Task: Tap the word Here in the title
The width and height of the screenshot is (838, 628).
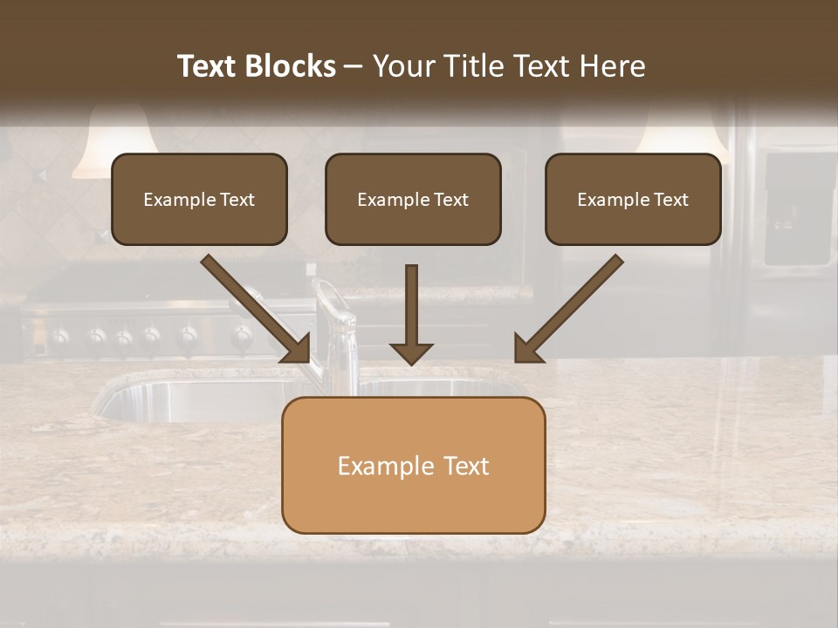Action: click(x=612, y=66)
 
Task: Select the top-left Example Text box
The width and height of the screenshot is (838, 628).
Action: click(x=199, y=199)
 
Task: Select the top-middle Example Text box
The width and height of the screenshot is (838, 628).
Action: click(x=413, y=199)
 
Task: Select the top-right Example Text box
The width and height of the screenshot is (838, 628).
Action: click(x=633, y=199)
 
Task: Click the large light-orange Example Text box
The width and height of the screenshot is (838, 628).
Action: click(x=413, y=465)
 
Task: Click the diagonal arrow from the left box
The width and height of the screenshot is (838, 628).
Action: click(x=257, y=309)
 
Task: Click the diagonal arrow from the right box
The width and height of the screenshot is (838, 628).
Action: click(x=567, y=309)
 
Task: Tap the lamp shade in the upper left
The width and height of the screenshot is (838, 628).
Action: click(x=114, y=144)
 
